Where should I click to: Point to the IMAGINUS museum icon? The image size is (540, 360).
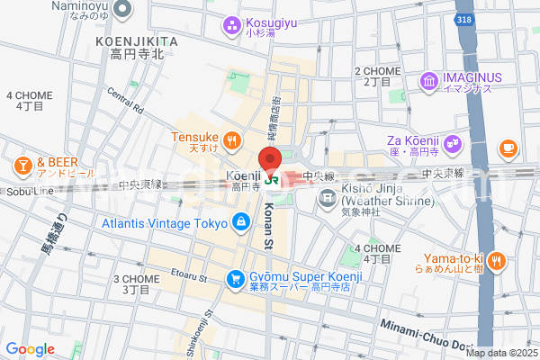click(428, 84)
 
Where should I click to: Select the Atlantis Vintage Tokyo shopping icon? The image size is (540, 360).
click(240, 221)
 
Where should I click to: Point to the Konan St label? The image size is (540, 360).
click(268, 226)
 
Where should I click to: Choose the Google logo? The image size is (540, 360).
click(30, 348)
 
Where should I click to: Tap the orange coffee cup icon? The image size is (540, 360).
click(508, 146)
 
